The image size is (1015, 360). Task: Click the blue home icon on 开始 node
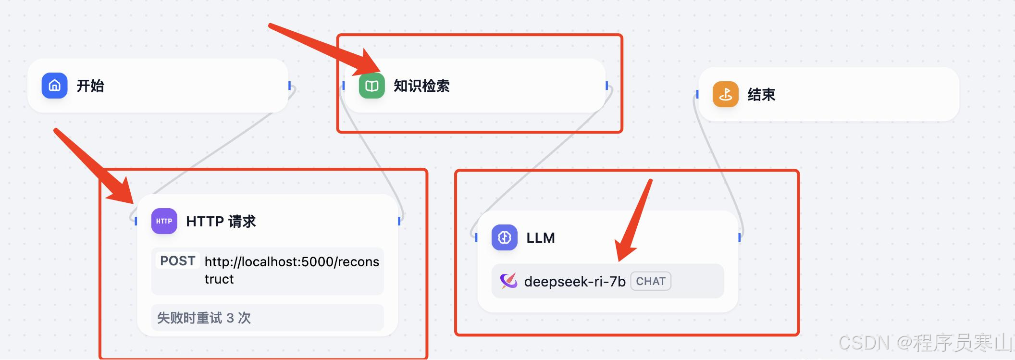coord(54,86)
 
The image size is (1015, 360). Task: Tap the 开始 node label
coord(90,86)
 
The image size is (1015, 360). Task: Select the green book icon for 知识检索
coord(371,86)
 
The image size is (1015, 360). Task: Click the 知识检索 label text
coord(421,86)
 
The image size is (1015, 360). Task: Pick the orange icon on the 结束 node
coord(725,94)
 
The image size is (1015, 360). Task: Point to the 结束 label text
coord(761,95)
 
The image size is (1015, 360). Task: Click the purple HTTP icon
coord(164,221)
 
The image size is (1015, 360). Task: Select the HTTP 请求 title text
coord(221,222)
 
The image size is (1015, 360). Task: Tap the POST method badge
coord(177,261)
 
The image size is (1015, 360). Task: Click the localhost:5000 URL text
coord(291,262)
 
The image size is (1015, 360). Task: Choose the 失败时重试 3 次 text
coord(204,318)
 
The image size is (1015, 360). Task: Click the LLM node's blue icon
coord(504,237)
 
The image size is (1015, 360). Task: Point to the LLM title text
coord(541,238)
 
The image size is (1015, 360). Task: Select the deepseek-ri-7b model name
coord(574,282)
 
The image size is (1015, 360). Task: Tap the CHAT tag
coord(651,282)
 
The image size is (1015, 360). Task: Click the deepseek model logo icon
coord(508,281)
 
